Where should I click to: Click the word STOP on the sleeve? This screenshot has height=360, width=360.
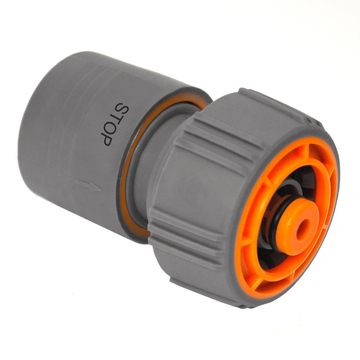click(x=115, y=124)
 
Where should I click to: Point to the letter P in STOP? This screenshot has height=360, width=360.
click(x=108, y=140)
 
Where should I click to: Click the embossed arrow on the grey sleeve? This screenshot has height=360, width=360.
click(x=88, y=186)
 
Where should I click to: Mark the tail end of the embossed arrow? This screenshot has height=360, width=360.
click(x=76, y=181)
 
